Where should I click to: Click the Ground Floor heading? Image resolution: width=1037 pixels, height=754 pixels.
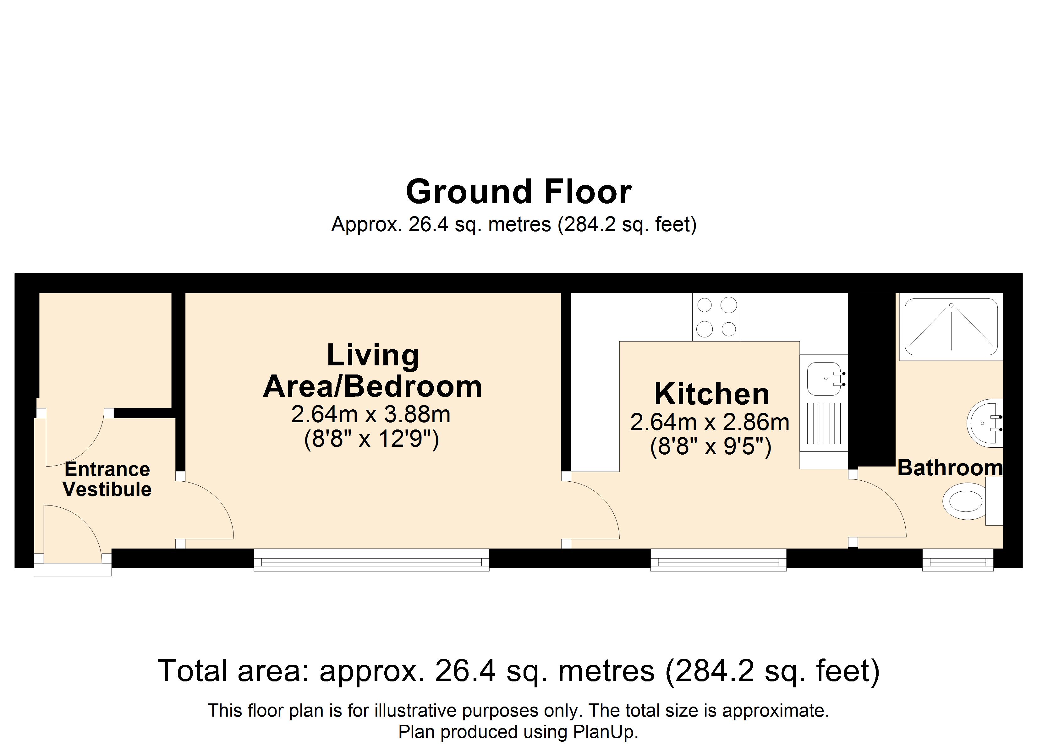(518, 192)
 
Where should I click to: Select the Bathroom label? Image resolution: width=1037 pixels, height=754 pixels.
(950, 468)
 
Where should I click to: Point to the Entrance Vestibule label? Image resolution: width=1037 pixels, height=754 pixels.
(107, 479)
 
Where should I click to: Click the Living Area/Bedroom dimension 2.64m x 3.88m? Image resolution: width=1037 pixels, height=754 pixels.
(371, 415)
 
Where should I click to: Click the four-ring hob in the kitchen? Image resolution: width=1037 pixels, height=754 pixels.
(716, 317)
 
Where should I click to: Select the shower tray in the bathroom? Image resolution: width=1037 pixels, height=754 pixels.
(951, 327)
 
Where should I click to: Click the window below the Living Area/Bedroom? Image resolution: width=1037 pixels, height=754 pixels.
(371, 560)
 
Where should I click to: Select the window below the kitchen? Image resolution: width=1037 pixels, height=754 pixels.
(718, 560)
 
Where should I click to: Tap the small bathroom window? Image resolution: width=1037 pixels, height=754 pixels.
(958, 560)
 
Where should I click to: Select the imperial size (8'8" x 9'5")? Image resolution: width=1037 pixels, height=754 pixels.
(711, 446)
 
